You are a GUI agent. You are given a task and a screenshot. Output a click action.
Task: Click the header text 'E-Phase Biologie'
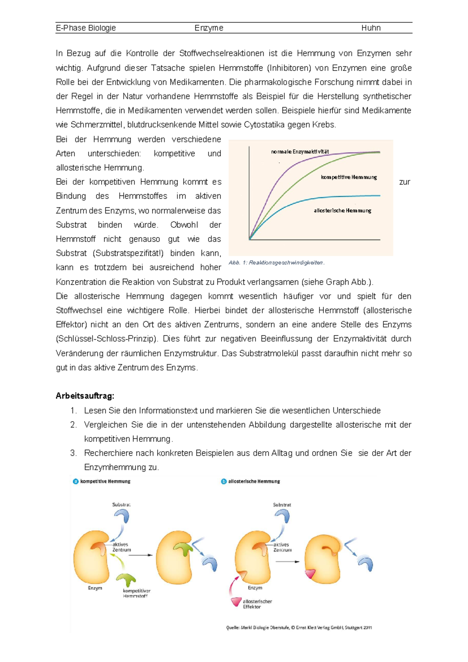coord(86,28)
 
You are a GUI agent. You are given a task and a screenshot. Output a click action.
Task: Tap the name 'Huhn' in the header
coord(370,28)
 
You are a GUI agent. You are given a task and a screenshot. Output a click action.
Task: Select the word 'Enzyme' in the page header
coord(209,28)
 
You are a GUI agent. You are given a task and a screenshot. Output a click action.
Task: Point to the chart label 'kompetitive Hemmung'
coord(349,177)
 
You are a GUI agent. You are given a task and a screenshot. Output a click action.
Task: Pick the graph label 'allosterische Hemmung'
coord(342,211)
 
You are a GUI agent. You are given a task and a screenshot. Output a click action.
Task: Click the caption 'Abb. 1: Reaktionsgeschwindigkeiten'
coord(276,263)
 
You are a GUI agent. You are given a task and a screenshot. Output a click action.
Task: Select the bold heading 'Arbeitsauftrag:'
coord(85,396)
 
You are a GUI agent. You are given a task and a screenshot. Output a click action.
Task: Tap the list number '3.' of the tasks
coord(74,453)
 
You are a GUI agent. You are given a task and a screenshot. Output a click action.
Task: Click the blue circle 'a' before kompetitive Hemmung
coord(76,481)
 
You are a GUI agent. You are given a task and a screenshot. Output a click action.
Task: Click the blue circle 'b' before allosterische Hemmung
coord(223,481)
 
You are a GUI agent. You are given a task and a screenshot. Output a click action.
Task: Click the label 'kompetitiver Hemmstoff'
coord(136,593)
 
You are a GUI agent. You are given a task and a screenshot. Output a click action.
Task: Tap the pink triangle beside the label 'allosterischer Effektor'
coord(236,601)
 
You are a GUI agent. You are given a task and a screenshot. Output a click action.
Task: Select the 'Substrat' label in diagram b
coord(282,505)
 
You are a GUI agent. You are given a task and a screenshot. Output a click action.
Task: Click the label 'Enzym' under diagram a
coord(95,588)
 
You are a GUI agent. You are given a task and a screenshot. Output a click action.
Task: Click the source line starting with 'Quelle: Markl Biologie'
coord(299,628)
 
